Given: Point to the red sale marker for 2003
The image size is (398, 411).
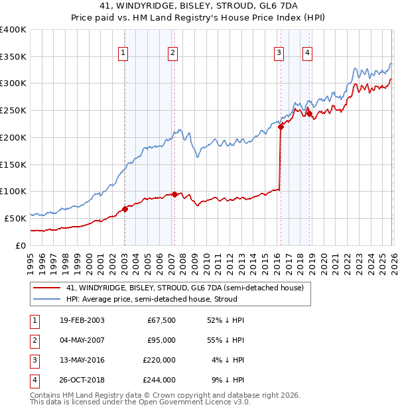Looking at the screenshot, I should point(125,209).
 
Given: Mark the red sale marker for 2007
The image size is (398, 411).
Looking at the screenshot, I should point(174,194).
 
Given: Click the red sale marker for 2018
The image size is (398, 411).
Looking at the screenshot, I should point(309,113).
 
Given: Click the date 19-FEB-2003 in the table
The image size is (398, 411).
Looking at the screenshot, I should point(82,321).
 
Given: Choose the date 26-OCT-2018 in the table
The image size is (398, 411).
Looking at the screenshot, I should point(82,381).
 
